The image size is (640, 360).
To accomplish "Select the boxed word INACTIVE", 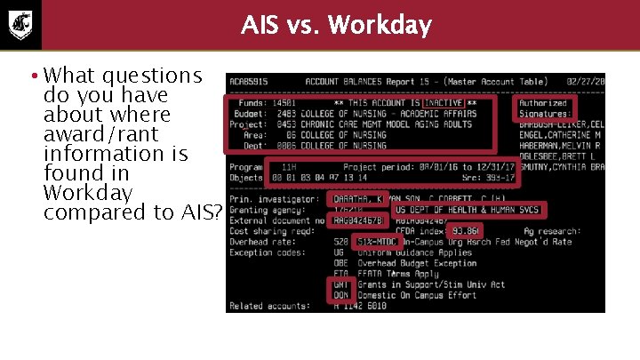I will point(442,103).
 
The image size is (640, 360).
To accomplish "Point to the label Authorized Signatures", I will point(544,108).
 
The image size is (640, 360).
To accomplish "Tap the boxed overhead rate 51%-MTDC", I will point(377,241).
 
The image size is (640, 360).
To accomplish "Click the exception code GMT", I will point(340,284).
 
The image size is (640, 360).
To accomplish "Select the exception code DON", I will point(340,294).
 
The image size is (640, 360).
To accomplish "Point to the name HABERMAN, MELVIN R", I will point(561,146).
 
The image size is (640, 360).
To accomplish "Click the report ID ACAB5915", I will point(250,82).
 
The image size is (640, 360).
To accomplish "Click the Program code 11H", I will point(289,166).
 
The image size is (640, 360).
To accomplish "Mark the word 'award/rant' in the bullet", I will point(100,134).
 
